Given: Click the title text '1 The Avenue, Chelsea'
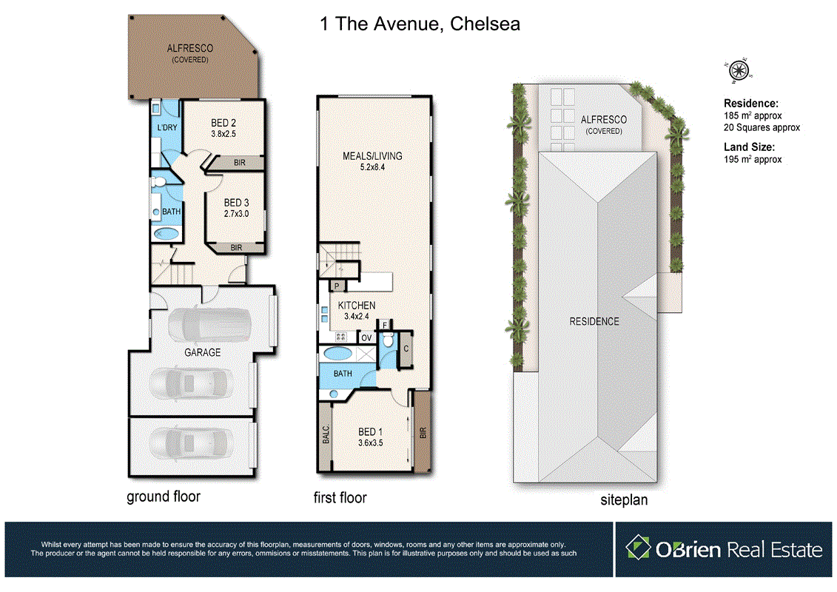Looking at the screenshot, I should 420,24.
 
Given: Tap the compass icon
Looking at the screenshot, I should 738,70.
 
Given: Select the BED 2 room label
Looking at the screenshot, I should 223,123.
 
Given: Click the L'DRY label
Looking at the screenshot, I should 167,128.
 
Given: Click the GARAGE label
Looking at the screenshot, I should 202,352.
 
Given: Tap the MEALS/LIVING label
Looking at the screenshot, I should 372,156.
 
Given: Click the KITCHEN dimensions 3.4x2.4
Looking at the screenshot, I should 357,317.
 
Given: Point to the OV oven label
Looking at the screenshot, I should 366,338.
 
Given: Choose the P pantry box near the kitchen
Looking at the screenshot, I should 336,286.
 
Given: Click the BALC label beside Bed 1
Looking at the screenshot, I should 326,434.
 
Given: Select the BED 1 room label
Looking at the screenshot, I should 371,432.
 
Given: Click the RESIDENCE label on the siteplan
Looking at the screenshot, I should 594,321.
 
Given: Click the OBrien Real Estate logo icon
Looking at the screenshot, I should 637,548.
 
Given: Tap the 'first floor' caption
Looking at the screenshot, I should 340,497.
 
